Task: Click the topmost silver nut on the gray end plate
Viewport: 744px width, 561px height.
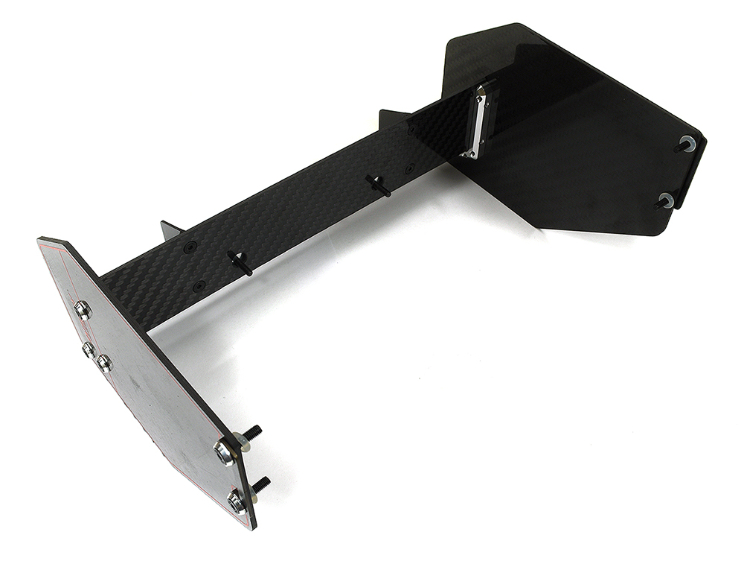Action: coord(83,309)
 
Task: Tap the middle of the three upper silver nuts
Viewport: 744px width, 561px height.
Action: coord(89,349)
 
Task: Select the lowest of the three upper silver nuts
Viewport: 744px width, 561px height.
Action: coord(104,363)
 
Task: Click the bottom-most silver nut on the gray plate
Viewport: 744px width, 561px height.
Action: coord(237,501)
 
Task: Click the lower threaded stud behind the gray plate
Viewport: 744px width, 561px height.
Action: coord(261,484)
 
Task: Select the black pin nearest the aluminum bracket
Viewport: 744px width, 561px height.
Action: coord(379,185)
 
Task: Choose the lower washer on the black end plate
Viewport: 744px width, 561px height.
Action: coord(666,200)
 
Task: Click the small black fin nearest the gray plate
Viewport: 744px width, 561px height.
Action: coord(170,229)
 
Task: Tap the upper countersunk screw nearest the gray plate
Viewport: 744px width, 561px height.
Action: coord(190,246)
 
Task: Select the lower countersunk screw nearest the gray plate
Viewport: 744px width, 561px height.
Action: coord(199,285)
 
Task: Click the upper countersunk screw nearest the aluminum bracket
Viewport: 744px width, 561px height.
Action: coord(410,128)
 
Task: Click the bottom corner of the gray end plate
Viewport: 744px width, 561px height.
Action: coord(251,527)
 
